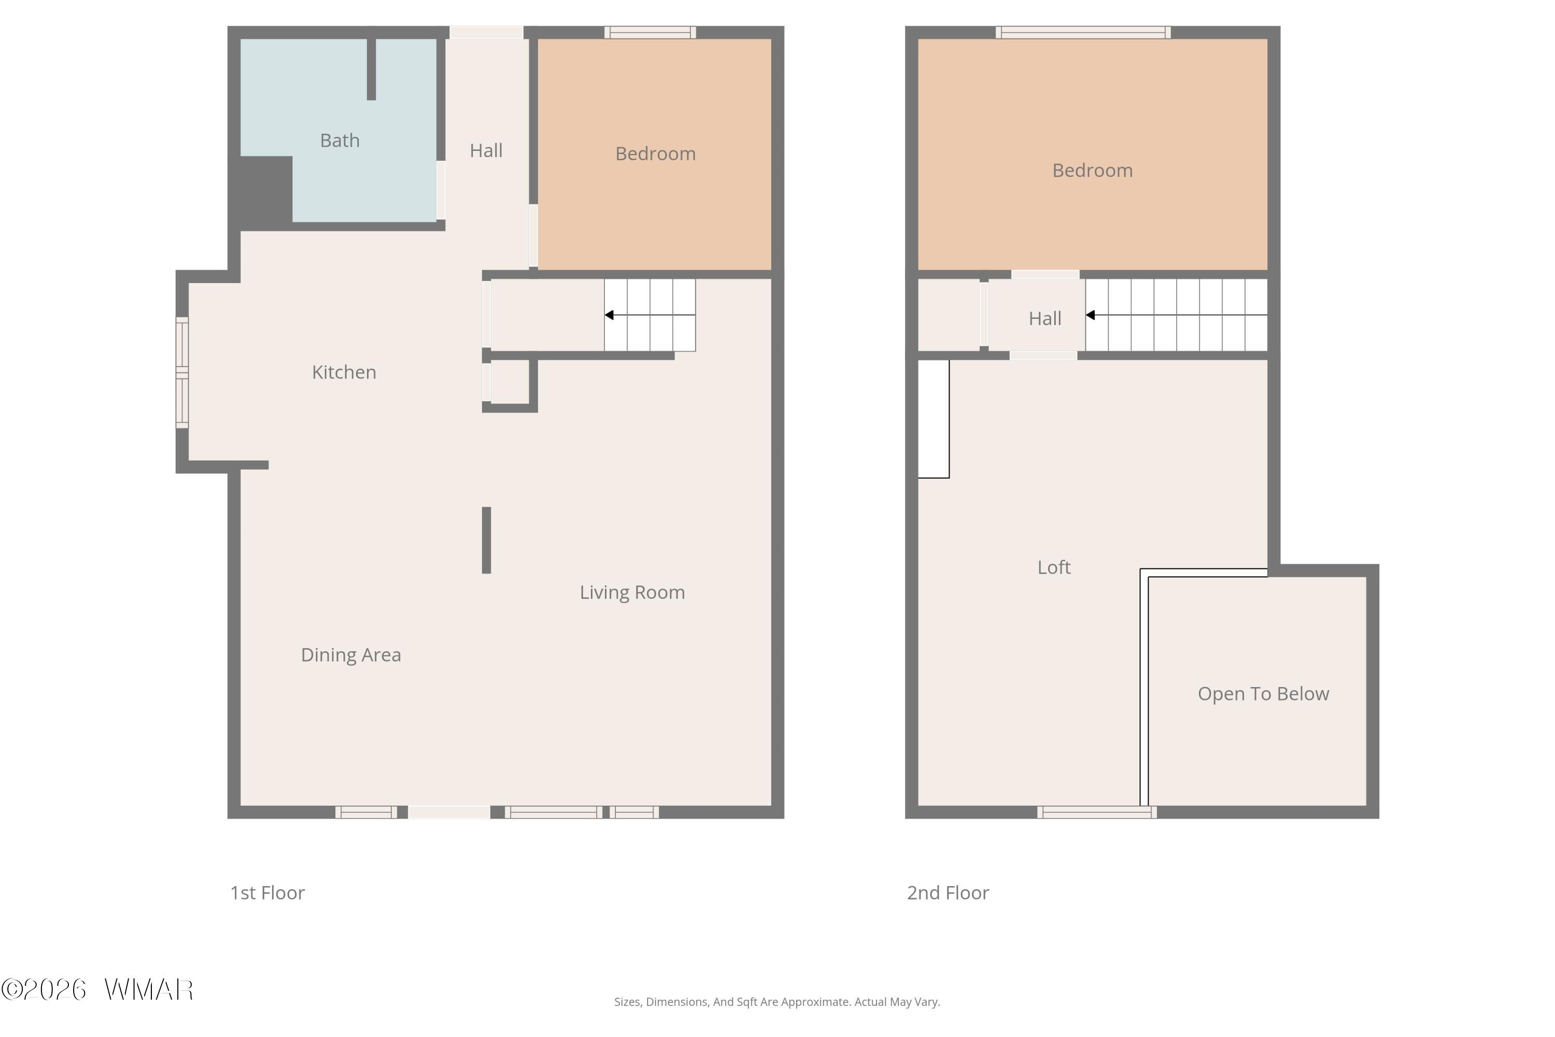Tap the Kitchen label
pos(344,372)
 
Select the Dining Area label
pos(351,655)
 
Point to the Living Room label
pos(632,593)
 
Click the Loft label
pos(1054,567)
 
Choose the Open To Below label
pos(1264,694)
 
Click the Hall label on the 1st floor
pos(486,151)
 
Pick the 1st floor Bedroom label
pos(655,154)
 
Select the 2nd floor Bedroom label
pos(1092,171)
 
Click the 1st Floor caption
pos(267,893)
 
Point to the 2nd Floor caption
pos(948,893)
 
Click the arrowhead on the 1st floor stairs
pos(609,315)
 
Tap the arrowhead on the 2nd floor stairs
pos(1090,315)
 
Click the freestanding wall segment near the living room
pos(487,540)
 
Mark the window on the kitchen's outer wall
pos(182,372)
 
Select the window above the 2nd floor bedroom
pos(1083,32)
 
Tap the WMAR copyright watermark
pos(97,990)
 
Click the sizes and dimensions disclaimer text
pos(777,1002)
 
